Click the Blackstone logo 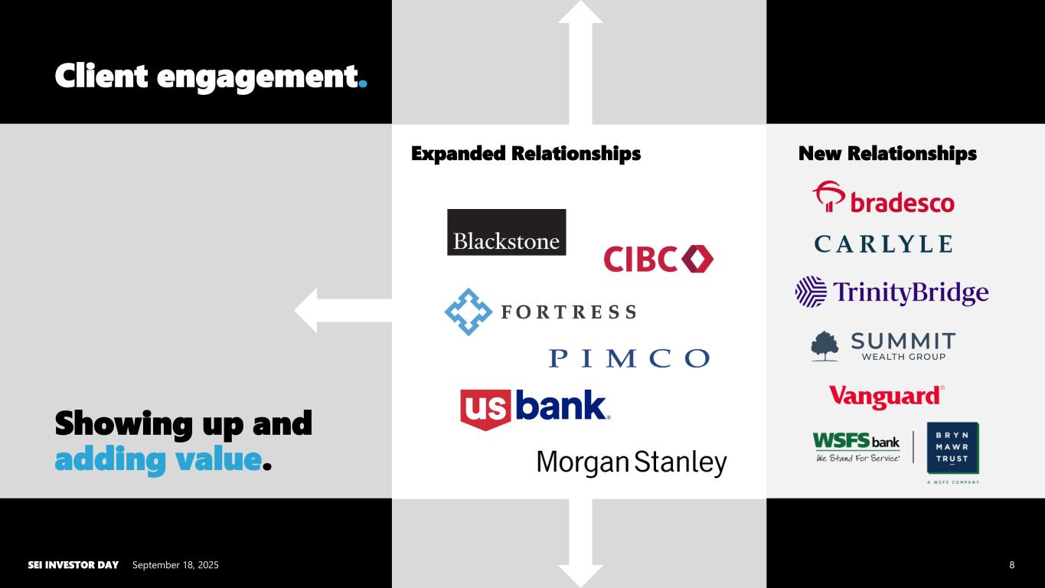point(506,232)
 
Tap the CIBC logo point(658,259)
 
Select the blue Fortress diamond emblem point(468,312)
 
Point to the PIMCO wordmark point(629,358)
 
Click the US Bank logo point(534,409)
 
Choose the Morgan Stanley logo point(631,463)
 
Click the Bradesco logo point(883,198)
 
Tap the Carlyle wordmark point(883,244)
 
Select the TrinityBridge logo point(891,292)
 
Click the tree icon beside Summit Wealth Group point(825,346)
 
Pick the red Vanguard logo point(886,397)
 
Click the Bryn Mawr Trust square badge point(953,448)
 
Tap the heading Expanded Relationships point(525,154)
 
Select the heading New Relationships point(887,154)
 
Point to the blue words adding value point(158,460)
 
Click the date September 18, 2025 point(175,565)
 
